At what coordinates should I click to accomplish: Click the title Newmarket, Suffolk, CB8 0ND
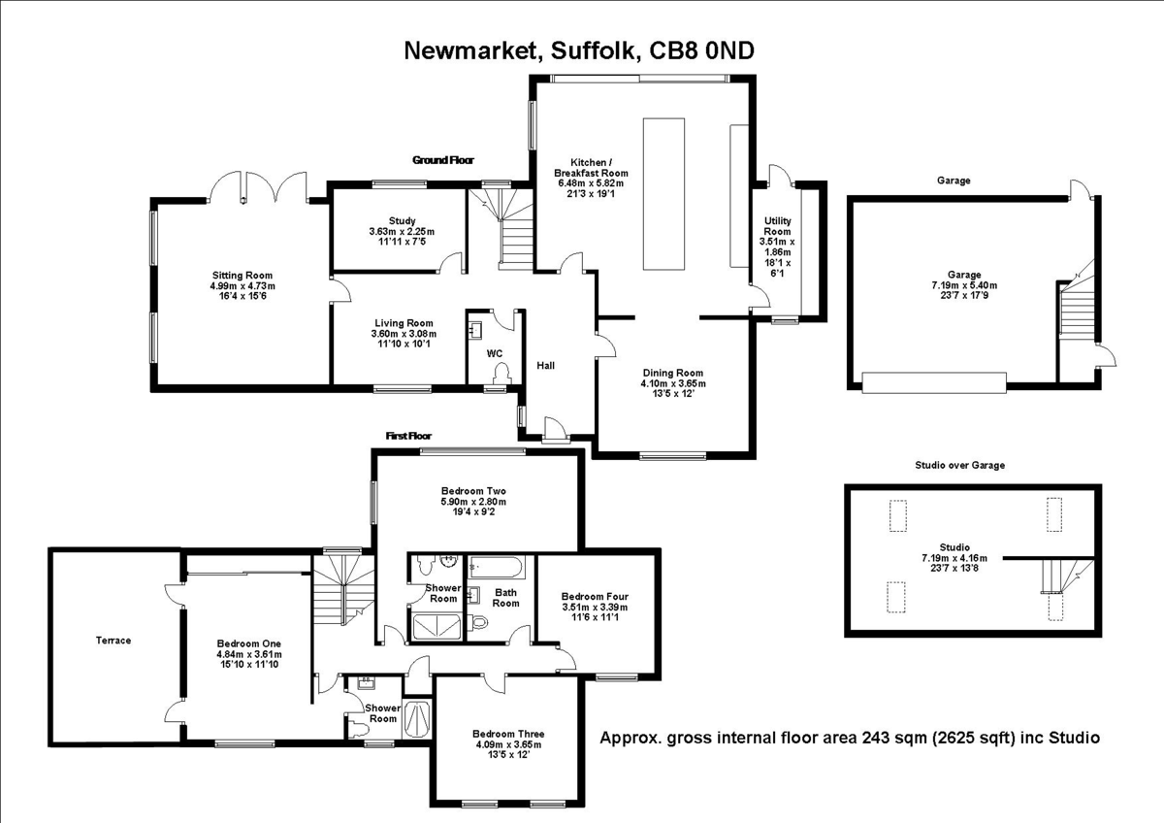point(578,51)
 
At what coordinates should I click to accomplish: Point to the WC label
point(495,353)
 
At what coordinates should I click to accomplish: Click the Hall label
point(546,365)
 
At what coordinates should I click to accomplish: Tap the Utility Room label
point(778,226)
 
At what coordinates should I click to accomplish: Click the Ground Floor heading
point(443,160)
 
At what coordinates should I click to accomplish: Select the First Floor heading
point(408,437)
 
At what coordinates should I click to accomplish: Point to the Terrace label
point(113,641)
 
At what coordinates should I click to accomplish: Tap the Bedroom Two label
point(473,490)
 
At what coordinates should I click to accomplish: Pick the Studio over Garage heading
point(960,465)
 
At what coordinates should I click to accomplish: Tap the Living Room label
point(404,323)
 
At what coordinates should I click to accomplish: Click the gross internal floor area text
point(850,738)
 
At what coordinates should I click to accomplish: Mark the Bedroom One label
point(249,643)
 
